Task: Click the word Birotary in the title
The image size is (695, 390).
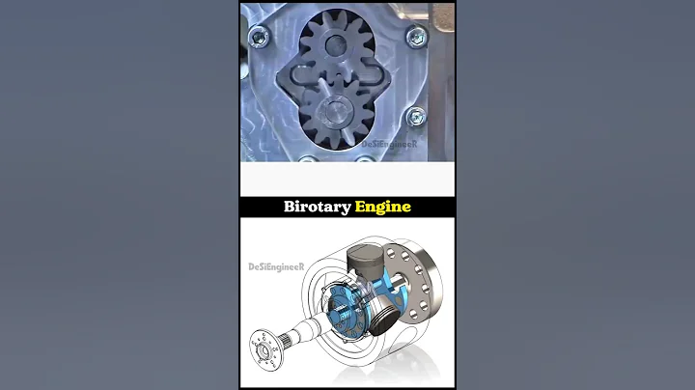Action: point(316,207)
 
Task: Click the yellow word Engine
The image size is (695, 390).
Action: point(383,207)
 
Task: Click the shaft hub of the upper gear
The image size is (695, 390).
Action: point(334,43)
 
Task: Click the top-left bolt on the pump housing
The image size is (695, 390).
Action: point(258,39)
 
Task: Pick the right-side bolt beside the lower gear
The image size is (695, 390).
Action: point(416,116)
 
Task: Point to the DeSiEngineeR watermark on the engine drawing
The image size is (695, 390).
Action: point(274,266)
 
